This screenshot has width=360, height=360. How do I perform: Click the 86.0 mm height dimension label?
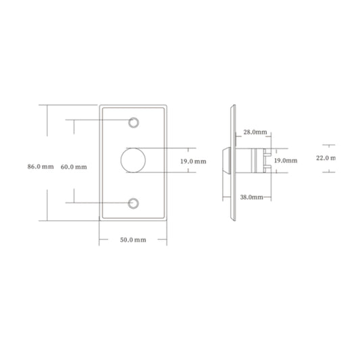(x=41, y=166)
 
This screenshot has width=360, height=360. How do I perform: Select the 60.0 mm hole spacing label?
(x=74, y=167)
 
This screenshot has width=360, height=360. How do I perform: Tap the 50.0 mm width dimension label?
(x=133, y=240)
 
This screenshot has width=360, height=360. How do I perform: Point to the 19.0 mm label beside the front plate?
(x=193, y=161)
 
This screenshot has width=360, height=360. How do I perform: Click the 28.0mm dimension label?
(x=255, y=132)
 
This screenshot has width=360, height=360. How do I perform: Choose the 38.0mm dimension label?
(x=252, y=197)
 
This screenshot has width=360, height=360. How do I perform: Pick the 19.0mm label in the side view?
(x=286, y=161)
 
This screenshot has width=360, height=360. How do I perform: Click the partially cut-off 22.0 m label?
(x=326, y=158)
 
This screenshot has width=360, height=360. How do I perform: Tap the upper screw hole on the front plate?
(x=133, y=123)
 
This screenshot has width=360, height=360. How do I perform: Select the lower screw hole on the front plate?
(x=133, y=203)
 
